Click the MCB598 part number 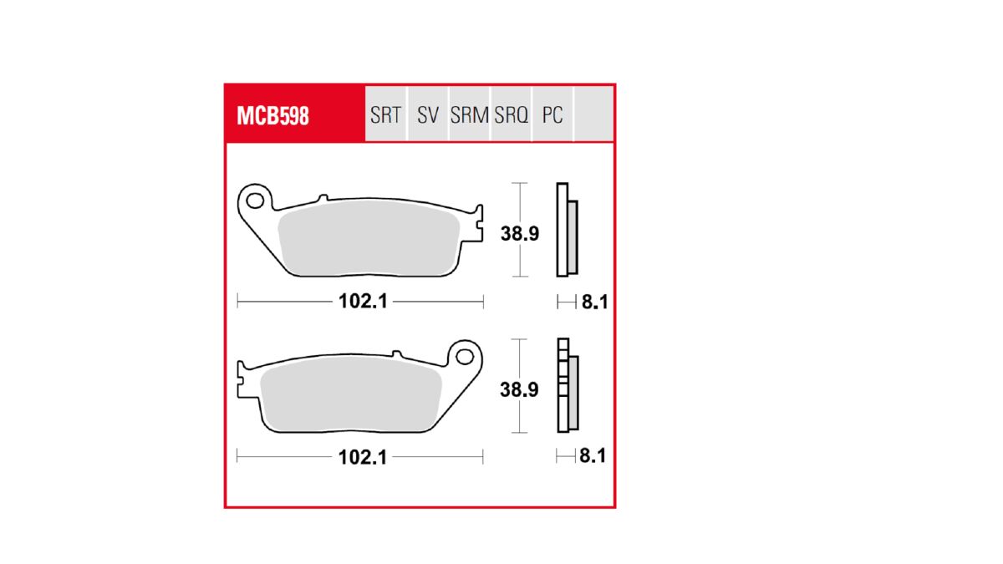click(x=272, y=115)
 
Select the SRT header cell click(x=385, y=115)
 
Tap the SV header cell click(x=428, y=115)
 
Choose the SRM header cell click(x=469, y=115)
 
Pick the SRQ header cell click(x=511, y=115)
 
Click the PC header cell click(x=552, y=115)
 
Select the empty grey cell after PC click(x=593, y=114)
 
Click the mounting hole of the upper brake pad click(x=255, y=201)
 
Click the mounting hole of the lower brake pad click(x=465, y=357)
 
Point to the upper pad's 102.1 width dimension click(x=363, y=302)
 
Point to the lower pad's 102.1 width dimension click(x=363, y=457)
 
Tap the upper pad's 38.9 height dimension click(x=520, y=234)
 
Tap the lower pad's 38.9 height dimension click(x=520, y=389)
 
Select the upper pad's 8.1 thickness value click(x=593, y=302)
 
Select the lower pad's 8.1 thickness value click(x=592, y=457)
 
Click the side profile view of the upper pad click(x=566, y=230)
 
